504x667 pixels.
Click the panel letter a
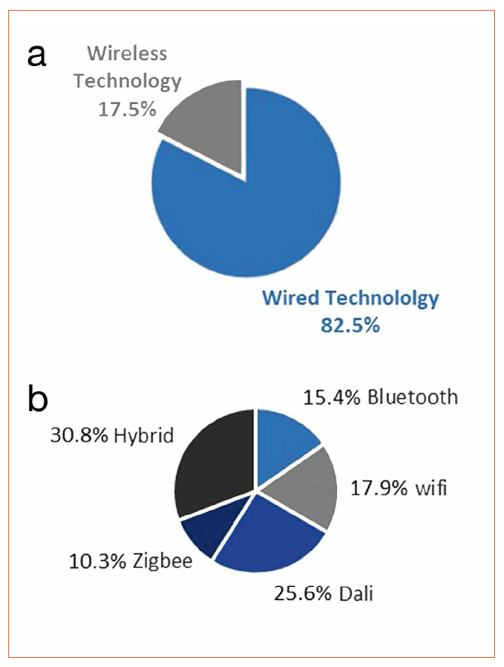point(37,57)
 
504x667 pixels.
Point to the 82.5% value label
point(349,324)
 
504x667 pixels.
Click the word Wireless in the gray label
point(127,54)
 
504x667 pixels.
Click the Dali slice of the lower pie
point(269,537)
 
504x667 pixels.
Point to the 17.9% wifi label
point(399,488)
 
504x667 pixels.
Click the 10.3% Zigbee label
point(131,562)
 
